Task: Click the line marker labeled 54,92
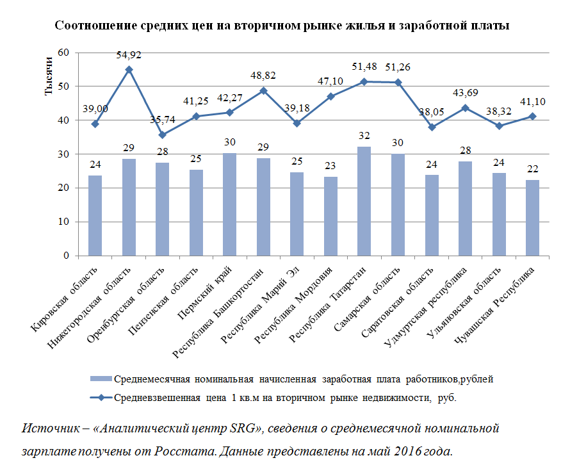coord(129,69)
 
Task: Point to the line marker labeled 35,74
coord(162,135)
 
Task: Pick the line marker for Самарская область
coord(398,82)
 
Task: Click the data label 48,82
coord(263,75)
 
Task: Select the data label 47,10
coord(330,81)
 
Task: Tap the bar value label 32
coord(364,135)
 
